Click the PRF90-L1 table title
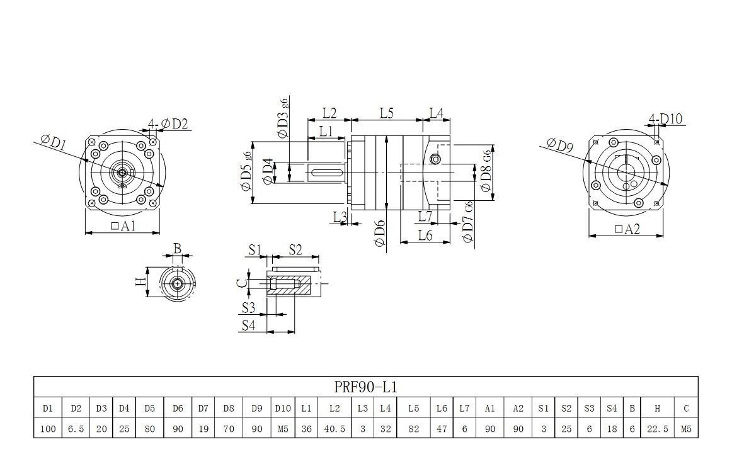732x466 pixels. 365,386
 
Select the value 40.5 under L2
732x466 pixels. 335,429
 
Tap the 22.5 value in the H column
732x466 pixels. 657,429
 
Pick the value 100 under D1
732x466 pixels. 48,429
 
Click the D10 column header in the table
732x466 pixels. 283,408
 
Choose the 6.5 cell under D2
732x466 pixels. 76,429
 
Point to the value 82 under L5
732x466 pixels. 413,429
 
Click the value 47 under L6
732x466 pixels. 442,429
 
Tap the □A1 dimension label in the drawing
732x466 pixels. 123,226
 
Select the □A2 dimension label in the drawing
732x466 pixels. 626,229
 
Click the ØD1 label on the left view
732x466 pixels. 54,142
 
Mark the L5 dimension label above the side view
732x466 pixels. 387,113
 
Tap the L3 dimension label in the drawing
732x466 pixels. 340,217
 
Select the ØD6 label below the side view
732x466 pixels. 379,234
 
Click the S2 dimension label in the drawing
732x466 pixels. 295,250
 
